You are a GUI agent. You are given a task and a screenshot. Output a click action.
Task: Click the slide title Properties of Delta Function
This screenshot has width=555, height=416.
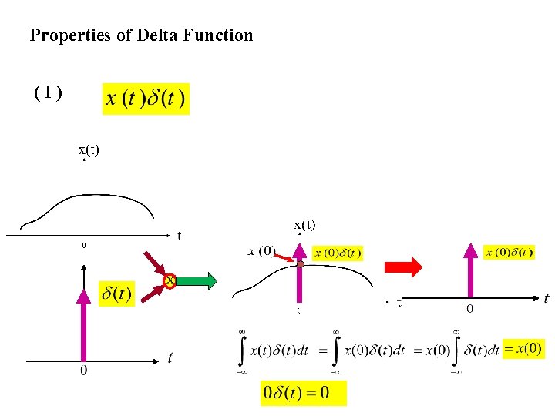click(x=141, y=35)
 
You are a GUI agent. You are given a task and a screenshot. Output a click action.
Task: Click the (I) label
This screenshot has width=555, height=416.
click(x=48, y=93)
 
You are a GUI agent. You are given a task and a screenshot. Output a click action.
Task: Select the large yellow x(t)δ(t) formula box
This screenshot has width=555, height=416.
click(x=146, y=99)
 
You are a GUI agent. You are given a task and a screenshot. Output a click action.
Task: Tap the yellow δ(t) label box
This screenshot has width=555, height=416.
click(x=116, y=293)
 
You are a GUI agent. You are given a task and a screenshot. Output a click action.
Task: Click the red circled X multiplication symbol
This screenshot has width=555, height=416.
click(x=170, y=280)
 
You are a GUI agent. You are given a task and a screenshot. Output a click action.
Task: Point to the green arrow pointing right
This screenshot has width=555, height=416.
click(x=198, y=280)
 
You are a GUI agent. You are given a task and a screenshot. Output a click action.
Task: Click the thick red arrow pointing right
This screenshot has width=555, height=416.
click(x=403, y=267)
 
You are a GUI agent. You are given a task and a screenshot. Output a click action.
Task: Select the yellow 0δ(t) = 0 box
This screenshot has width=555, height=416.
click(x=303, y=393)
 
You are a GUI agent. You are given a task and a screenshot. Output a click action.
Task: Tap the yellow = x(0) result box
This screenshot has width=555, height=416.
click(x=523, y=348)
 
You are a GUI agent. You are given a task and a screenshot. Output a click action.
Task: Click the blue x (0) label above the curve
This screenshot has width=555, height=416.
click(x=261, y=250)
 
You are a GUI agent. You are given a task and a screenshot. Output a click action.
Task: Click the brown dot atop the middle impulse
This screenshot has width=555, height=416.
click(x=301, y=264)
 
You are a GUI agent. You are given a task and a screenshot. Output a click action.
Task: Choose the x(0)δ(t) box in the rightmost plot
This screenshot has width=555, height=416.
click(x=509, y=252)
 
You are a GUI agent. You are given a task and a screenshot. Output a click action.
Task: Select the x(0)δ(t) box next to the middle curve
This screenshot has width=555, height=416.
click(x=338, y=253)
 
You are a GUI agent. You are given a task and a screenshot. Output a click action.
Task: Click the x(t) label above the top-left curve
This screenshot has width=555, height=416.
click(x=88, y=149)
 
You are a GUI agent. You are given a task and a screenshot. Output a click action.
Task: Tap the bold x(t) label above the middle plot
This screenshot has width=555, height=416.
click(x=304, y=225)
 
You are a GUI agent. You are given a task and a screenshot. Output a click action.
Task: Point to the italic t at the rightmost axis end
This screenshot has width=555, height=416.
click(x=547, y=298)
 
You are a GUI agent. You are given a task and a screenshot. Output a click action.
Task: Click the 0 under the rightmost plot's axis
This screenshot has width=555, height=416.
click(x=469, y=309)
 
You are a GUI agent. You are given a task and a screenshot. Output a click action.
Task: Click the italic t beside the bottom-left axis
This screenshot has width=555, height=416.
click(x=170, y=357)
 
